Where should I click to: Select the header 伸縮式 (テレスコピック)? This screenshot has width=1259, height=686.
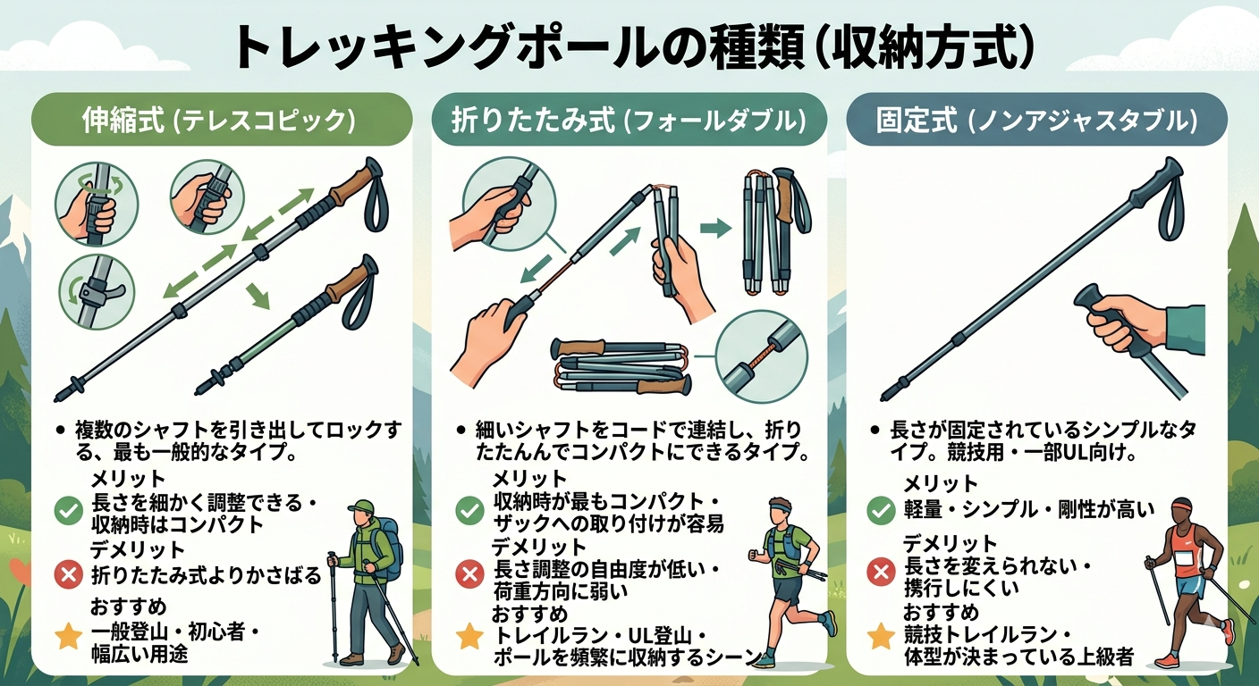pos(219,120)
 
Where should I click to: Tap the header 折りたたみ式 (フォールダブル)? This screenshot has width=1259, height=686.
pos(629,120)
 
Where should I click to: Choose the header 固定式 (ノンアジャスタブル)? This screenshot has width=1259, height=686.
pos(1037,120)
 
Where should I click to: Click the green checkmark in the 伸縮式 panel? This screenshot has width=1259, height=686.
pos(69,510)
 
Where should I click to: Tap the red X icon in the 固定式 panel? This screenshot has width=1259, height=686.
pos(881,572)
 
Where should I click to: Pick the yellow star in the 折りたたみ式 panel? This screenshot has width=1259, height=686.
pos(469,636)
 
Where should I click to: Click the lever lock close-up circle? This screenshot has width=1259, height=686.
pos(97,292)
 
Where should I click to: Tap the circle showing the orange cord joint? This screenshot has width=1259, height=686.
pos(762,357)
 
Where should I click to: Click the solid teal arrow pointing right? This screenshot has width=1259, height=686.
pos(715,228)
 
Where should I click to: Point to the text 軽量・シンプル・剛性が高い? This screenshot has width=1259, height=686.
pos(1028,509)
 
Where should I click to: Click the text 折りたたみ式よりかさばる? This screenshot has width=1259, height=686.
pos(206,575)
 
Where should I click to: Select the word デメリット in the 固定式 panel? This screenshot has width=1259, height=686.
pos(950,543)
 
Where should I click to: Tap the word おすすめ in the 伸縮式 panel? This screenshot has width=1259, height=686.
pos(129,607)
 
